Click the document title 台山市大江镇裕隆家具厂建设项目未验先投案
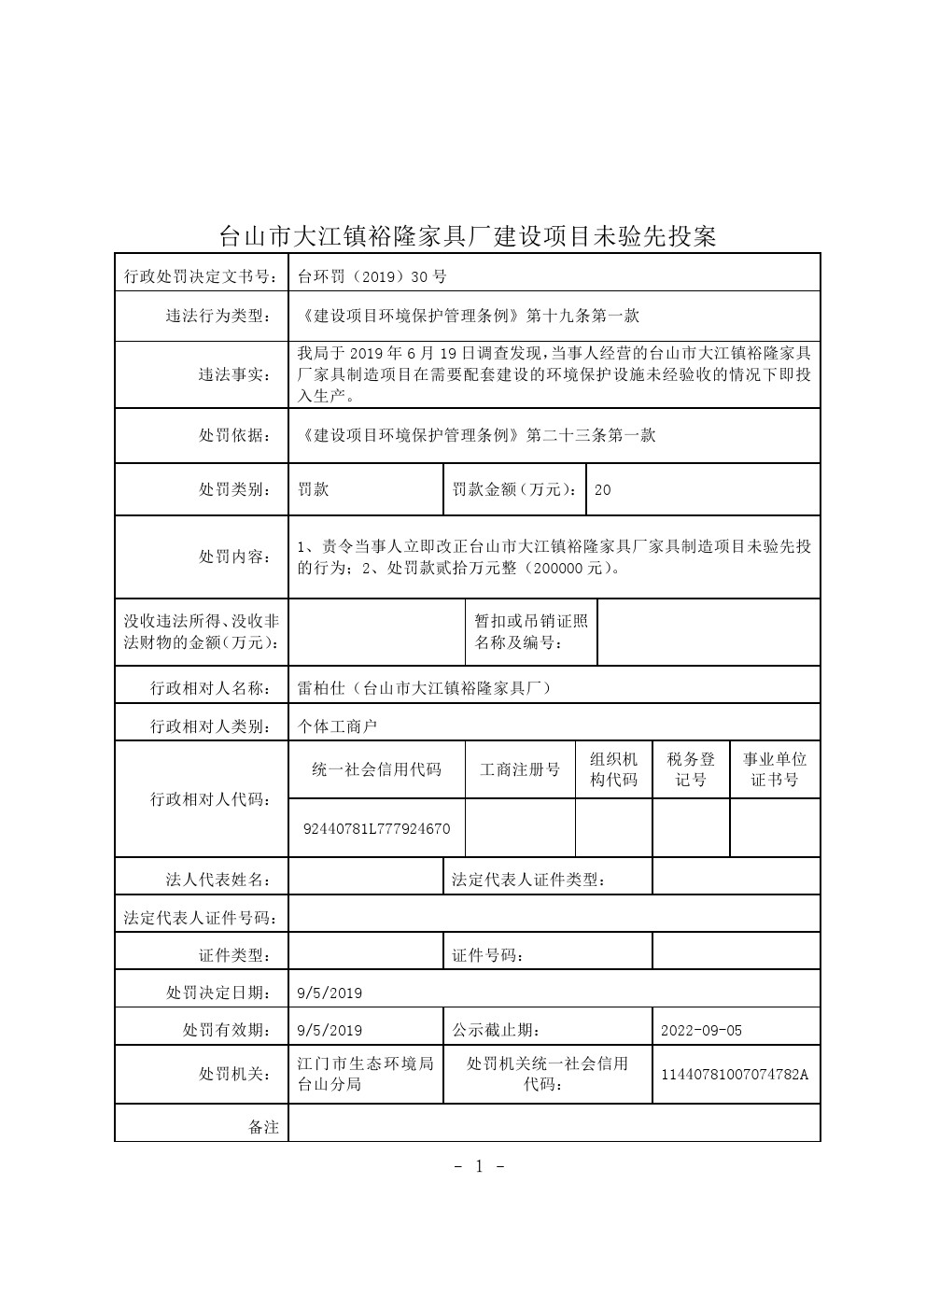click(467, 236)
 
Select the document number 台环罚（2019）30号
click(372, 276)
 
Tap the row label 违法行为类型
click(217, 317)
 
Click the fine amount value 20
click(602, 489)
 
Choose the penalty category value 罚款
click(313, 489)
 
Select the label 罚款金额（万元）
click(514, 489)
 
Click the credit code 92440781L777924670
click(377, 829)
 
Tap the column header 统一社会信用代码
click(377, 770)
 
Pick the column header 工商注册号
click(520, 770)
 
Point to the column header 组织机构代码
click(613, 769)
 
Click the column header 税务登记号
click(691, 769)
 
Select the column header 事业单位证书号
click(775, 769)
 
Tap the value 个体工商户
click(337, 725)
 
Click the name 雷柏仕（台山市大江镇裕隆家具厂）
click(424, 688)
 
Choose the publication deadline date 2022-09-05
click(701, 1031)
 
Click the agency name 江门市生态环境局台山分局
click(365, 1074)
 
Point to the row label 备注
click(263, 1127)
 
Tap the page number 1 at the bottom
click(479, 1165)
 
